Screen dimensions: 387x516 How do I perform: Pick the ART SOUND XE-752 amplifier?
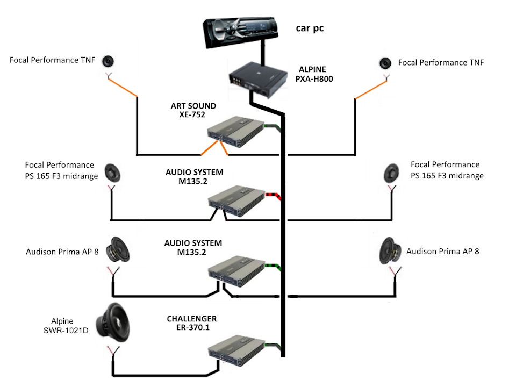coord(236,132)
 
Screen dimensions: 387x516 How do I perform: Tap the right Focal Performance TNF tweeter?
coord(385,63)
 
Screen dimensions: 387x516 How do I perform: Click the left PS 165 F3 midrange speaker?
coord(114,173)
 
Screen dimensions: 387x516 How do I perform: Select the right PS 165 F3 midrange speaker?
coord(392,173)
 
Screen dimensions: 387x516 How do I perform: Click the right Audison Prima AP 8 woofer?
coord(391,250)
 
